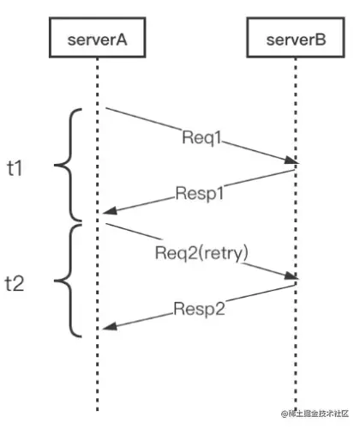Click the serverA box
[x=98, y=40]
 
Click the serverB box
[x=296, y=40]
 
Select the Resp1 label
[x=201, y=193]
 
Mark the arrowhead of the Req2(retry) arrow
[x=292, y=276]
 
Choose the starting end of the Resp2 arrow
[x=295, y=285]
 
